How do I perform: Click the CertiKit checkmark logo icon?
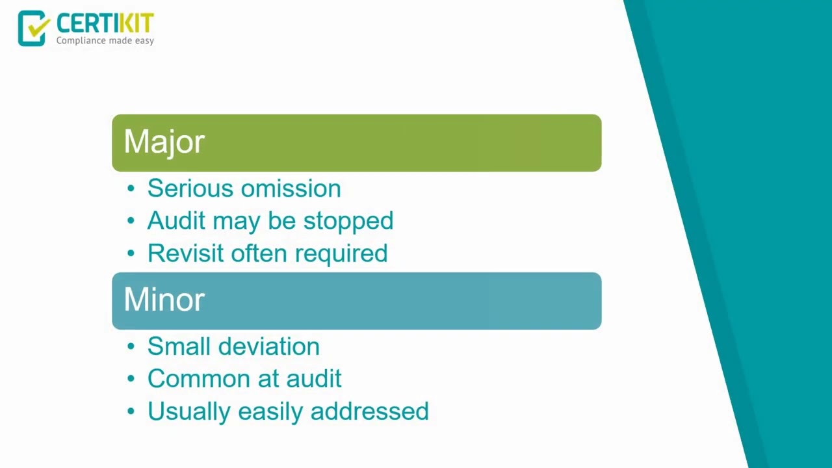33,28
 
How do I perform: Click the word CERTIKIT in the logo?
105,23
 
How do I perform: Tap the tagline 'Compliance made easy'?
105,41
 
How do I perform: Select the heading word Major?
164,142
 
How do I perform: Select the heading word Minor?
164,300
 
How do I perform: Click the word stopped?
348,221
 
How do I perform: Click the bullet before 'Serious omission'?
131,188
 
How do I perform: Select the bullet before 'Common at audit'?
131,379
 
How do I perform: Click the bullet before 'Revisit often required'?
131,253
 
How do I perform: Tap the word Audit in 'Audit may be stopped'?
175,221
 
